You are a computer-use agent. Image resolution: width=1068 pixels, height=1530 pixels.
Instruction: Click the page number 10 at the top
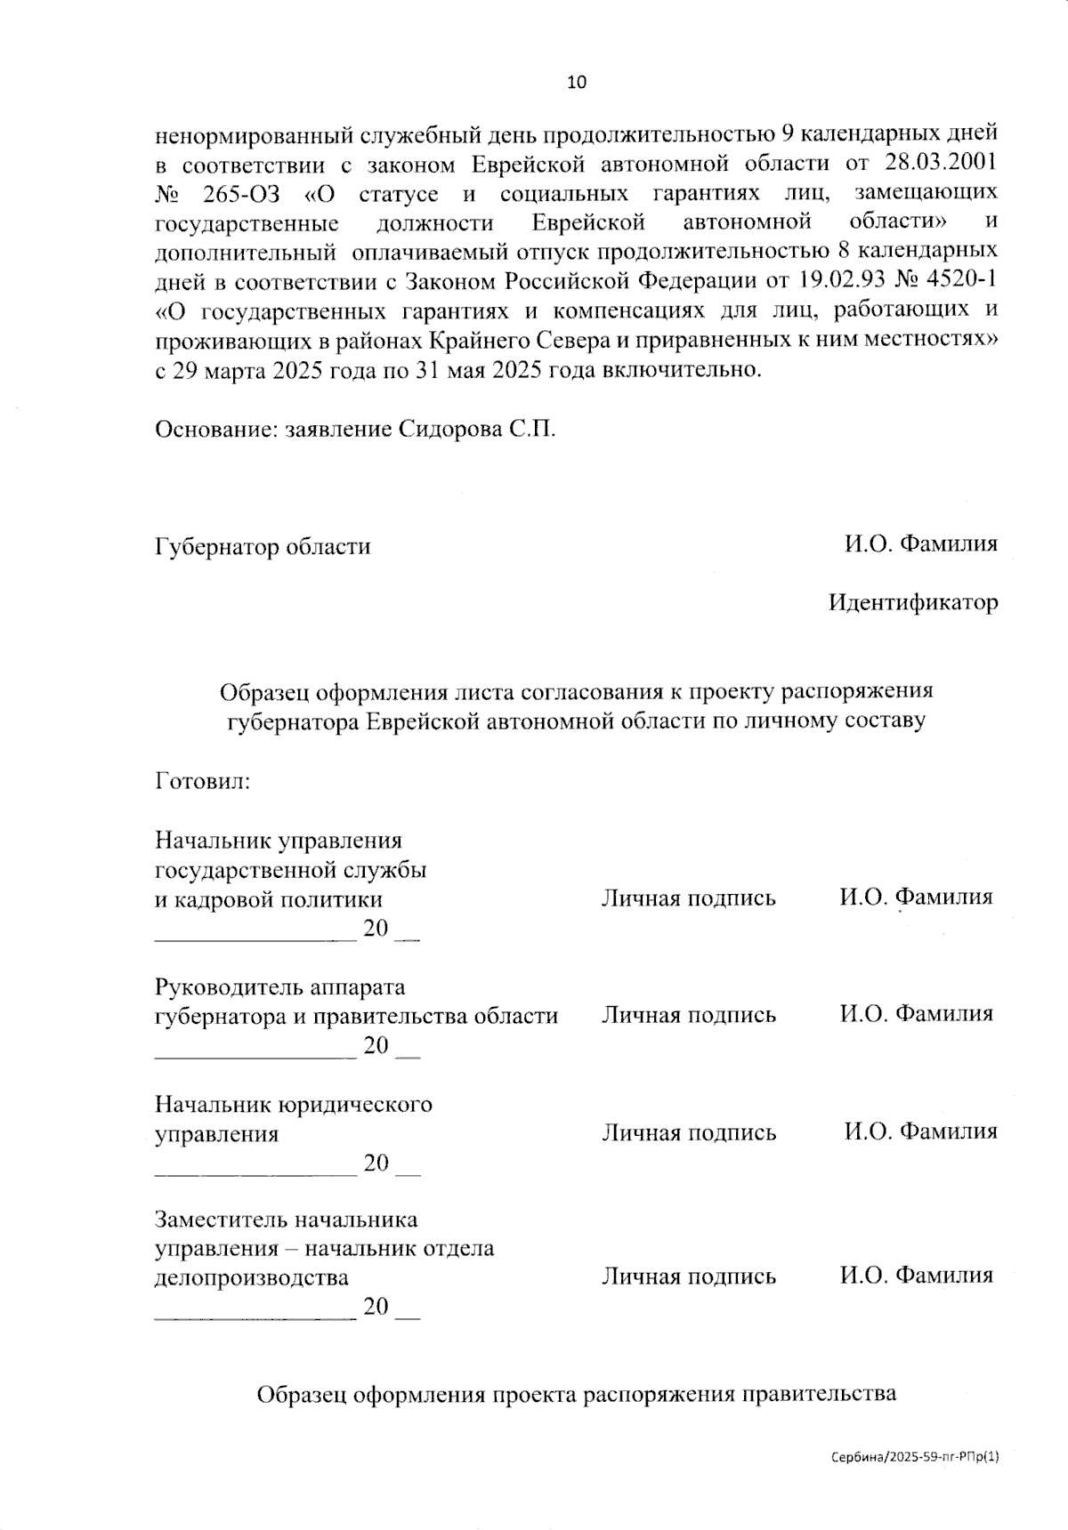pyautogui.click(x=577, y=83)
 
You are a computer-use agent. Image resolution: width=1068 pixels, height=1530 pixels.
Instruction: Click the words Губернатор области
pyautogui.click(x=263, y=545)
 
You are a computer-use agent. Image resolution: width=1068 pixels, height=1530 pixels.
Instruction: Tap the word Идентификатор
pyautogui.click(x=913, y=602)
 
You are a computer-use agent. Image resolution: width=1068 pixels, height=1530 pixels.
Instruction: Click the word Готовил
pyautogui.click(x=202, y=781)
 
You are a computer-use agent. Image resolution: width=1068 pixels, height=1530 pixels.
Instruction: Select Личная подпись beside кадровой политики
pyautogui.click(x=689, y=898)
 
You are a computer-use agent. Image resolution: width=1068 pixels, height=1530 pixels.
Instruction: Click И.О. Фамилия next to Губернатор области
pyautogui.click(x=921, y=544)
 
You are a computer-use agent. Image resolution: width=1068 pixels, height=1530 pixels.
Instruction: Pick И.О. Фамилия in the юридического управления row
pyautogui.click(x=921, y=1131)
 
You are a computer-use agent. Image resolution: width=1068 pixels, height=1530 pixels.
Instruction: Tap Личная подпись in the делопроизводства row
pyautogui.click(x=689, y=1276)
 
